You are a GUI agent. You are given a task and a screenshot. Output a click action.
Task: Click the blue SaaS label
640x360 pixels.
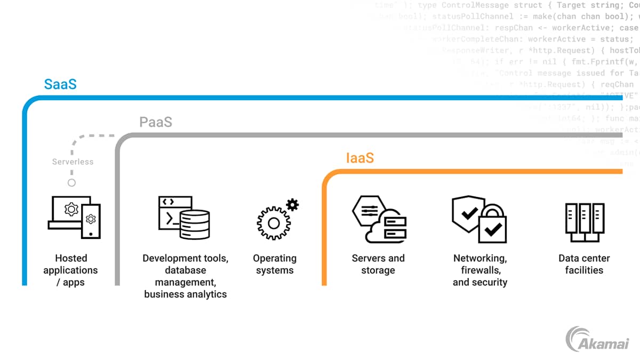(x=60, y=84)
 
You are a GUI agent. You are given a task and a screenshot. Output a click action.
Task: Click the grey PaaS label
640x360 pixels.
(x=156, y=122)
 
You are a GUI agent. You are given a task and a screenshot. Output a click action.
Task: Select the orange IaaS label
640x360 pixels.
(x=360, y=158)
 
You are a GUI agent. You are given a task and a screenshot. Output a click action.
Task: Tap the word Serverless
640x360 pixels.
(x=73, y=162)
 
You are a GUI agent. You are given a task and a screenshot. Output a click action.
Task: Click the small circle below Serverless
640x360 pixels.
(x=71, y=182)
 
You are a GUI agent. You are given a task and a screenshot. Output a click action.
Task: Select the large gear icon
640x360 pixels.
(x=273, y=222)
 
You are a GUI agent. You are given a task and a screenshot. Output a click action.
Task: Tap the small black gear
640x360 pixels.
(x=292, y=204)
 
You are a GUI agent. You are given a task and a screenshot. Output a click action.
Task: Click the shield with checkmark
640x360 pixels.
(x=469, y=213)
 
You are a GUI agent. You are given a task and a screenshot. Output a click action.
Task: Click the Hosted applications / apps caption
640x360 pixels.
(x=71, y=270)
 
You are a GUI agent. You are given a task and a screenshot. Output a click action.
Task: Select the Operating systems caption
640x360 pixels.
(x=274, y=264)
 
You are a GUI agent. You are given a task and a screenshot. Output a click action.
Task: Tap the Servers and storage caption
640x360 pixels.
(x=378, y=264)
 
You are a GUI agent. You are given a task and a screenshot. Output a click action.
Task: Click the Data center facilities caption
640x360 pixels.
(x=584, y=264)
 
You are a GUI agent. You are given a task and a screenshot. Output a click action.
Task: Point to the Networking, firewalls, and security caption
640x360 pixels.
(x=480, y=270)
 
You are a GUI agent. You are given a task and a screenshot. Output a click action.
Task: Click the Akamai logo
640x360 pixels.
(x=597, y=339)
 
